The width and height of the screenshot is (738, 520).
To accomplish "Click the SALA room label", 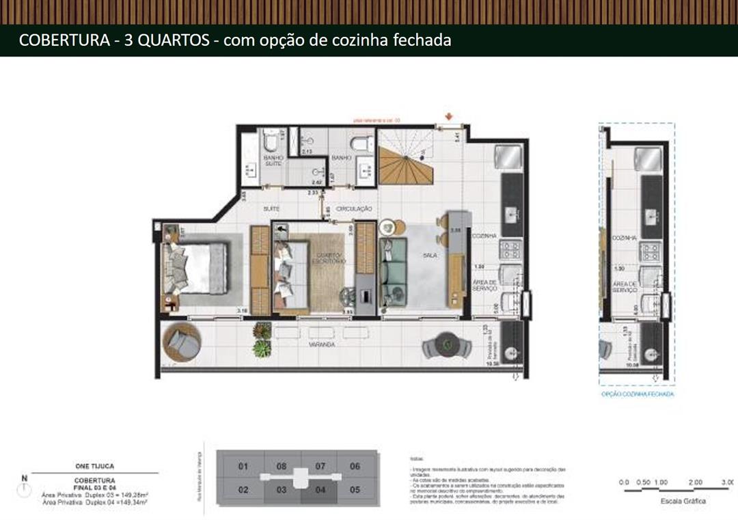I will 430,255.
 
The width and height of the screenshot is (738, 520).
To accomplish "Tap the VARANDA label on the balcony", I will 322,345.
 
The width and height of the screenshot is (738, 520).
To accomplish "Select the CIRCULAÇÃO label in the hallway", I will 354,208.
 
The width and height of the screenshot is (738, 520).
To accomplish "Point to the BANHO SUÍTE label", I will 274,161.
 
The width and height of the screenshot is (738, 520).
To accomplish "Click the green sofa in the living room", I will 394,273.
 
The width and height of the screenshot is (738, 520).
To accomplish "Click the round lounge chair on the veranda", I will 182,343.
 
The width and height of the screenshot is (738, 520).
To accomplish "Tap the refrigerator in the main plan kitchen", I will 510,158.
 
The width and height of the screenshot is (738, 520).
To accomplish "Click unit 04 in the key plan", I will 320,490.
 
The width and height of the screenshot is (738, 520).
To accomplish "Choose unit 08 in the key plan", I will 282,467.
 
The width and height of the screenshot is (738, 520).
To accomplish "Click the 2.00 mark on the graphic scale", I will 695,482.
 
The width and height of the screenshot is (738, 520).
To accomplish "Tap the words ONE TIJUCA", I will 94,466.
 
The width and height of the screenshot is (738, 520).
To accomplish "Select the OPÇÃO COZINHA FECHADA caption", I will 637,394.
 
